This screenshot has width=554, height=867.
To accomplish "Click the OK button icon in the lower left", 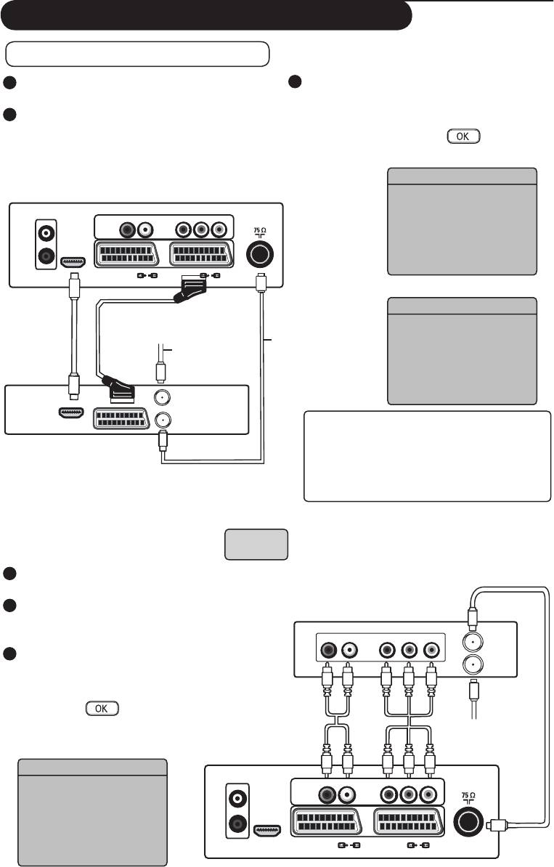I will (x=102, y=708).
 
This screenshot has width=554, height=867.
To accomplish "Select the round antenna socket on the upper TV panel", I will (x=259, y=255).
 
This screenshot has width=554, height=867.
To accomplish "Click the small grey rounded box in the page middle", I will (x=256, y=544).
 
